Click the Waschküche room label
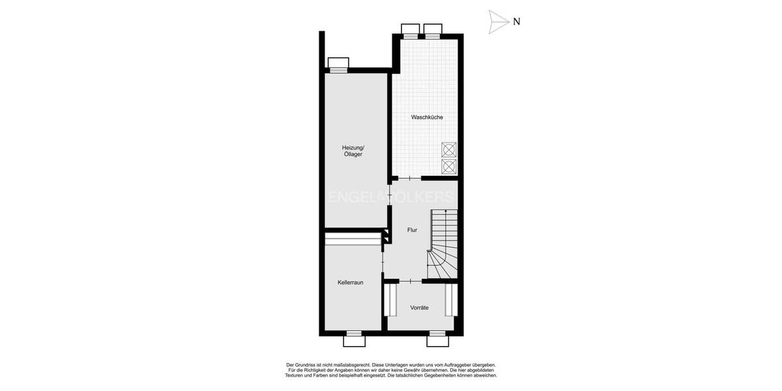(427, 117)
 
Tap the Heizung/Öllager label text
(353, 151)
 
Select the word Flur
(412, 230)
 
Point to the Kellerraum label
(351, 282)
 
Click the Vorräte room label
(419, 308)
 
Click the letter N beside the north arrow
(516, 22)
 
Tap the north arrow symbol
(499, 22)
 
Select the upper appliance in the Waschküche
(449, 150)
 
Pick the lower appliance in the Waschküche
(449, 167)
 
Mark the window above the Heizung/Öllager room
(338, 64)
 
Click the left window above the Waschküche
(411, 30)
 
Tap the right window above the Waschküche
(433, 30)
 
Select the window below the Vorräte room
(437, 340)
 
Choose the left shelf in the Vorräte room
(392, 299)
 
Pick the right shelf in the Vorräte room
(450, 299)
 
